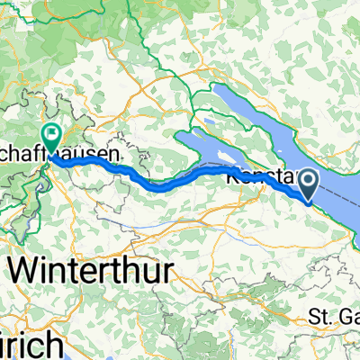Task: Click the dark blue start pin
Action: [x=308, y=186]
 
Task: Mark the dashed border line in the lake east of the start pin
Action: [x=337, y=203]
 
